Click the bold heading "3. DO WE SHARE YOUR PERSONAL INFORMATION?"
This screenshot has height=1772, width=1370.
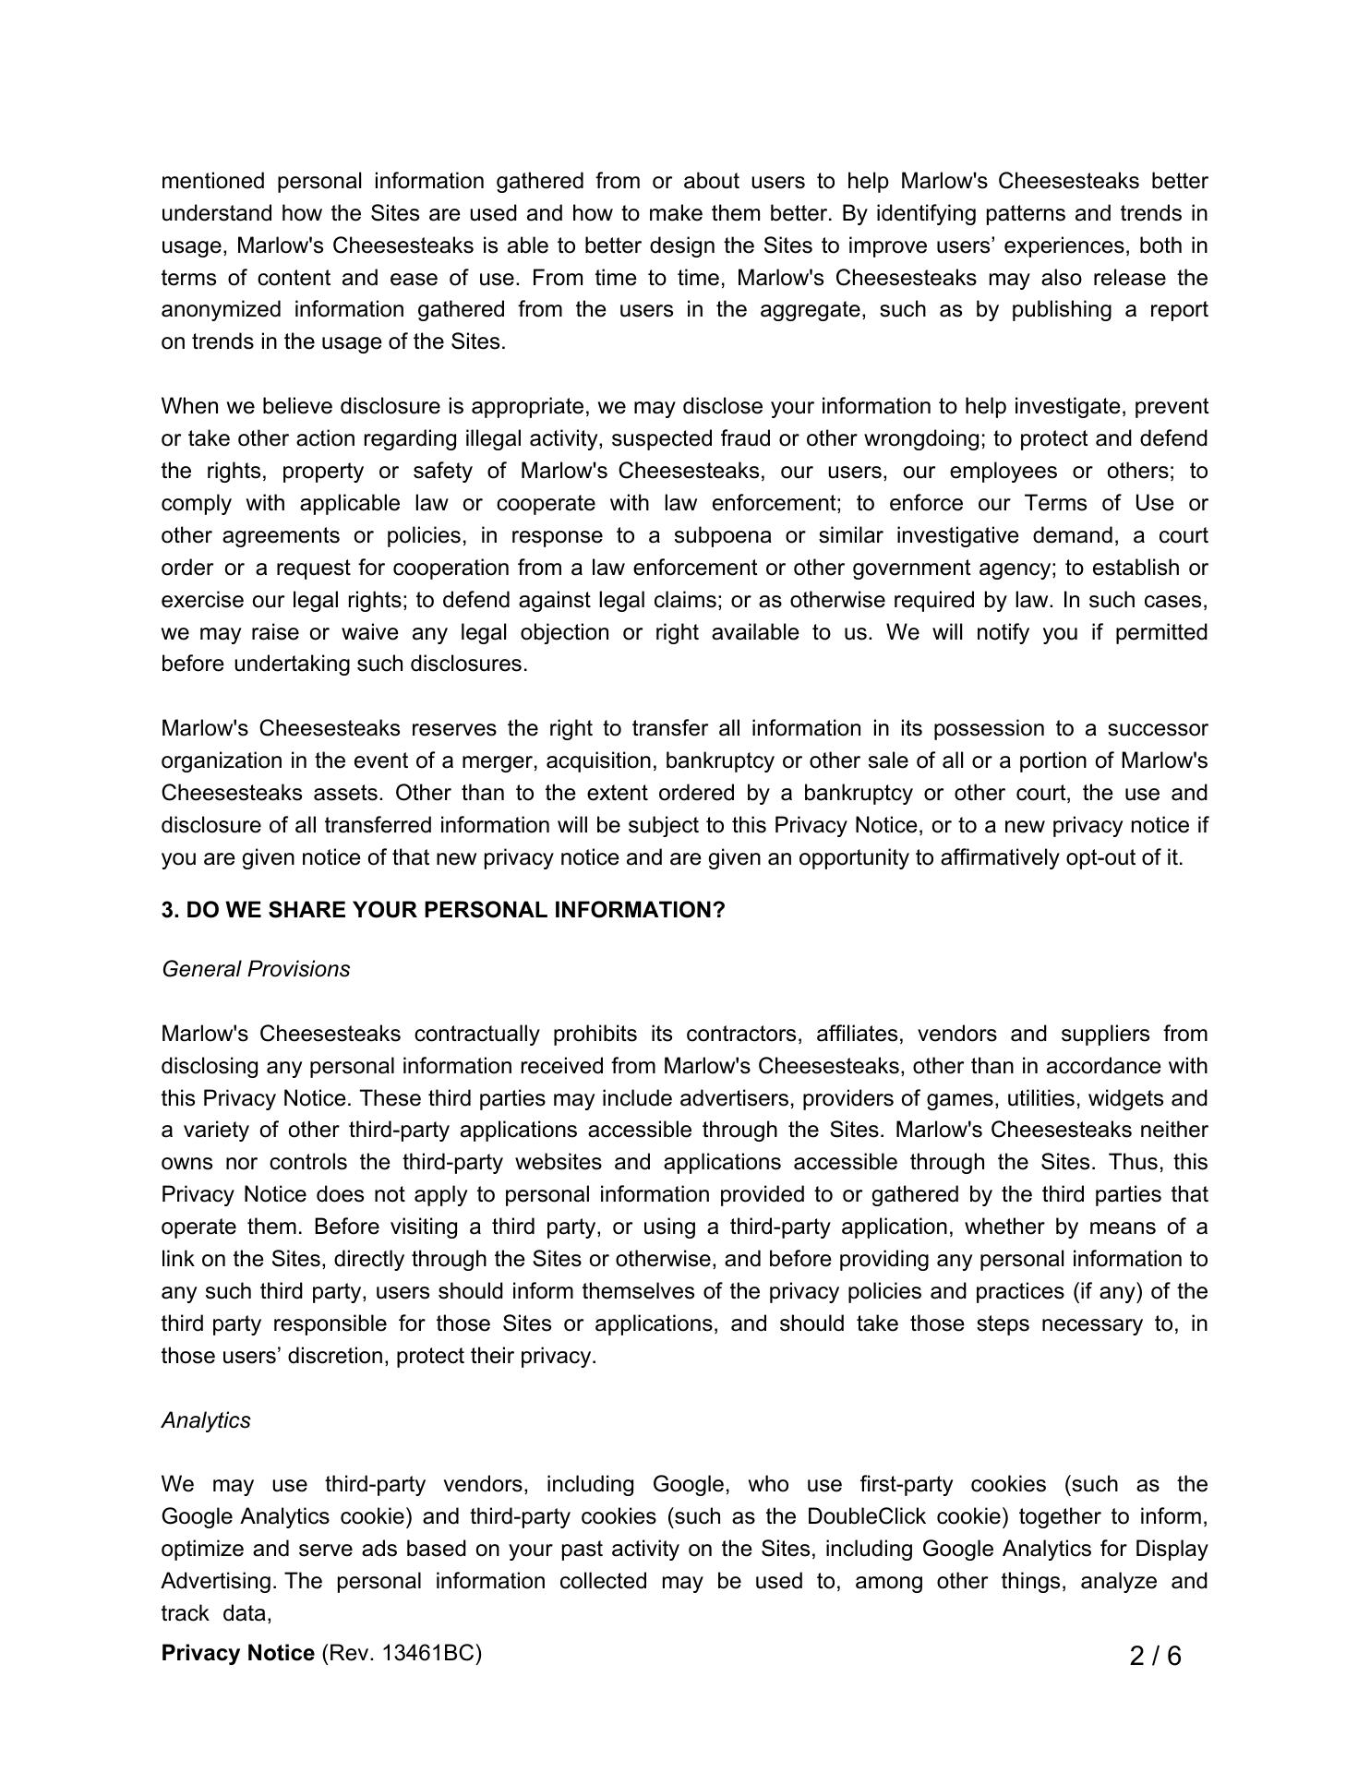point(443,911)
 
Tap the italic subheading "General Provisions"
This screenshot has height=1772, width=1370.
point(256,970)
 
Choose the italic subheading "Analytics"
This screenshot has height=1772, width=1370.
point(206,1420)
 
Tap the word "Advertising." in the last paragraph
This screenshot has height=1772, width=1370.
point(219,1582)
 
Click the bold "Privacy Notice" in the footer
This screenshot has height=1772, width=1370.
point(238,1653)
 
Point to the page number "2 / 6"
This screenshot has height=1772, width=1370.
point(1155,1657)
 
